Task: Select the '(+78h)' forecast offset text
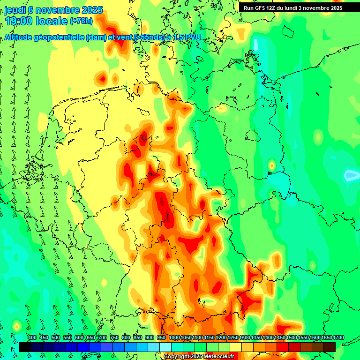pyautogui.click(x=82, y=22)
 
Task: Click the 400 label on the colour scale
pyautogui.click(x=32, y=337)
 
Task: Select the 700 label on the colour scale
pyautogui.click(x=103, y=337)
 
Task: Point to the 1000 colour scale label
pyautogui.click(x=174, y=337)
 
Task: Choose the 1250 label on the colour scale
pyautogui.click(x=233, y=337)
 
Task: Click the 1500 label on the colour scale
pyautogui.click(x=292, y=337)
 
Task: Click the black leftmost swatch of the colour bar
pyautogui.click(x=25, y=347)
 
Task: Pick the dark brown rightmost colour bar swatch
pyautogui.click(x=330, y=347)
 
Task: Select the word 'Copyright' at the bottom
pyautogui.click(x=176, y=357)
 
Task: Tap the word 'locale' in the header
pyautogui.click(x=51, y=22)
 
